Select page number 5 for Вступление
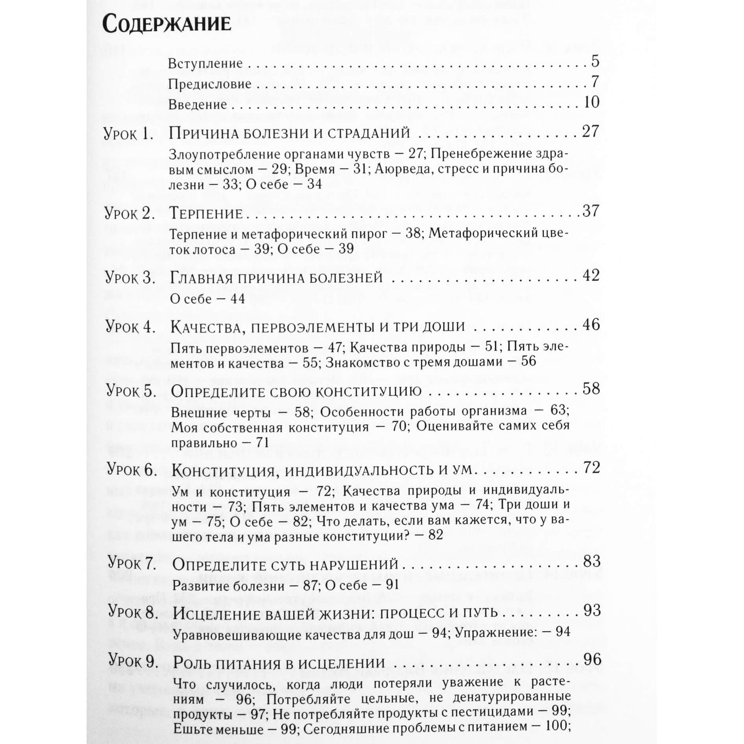(x=595, y=62)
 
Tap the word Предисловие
(x=210, y=84)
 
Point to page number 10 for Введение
(x=592, y=102)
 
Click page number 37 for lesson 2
(x=591, y=211)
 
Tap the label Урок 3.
(x=130, y=279)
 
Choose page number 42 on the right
(x=591, y=275)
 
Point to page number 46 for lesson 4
(x=591, y=325)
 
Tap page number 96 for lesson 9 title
(x=592, y=660)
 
